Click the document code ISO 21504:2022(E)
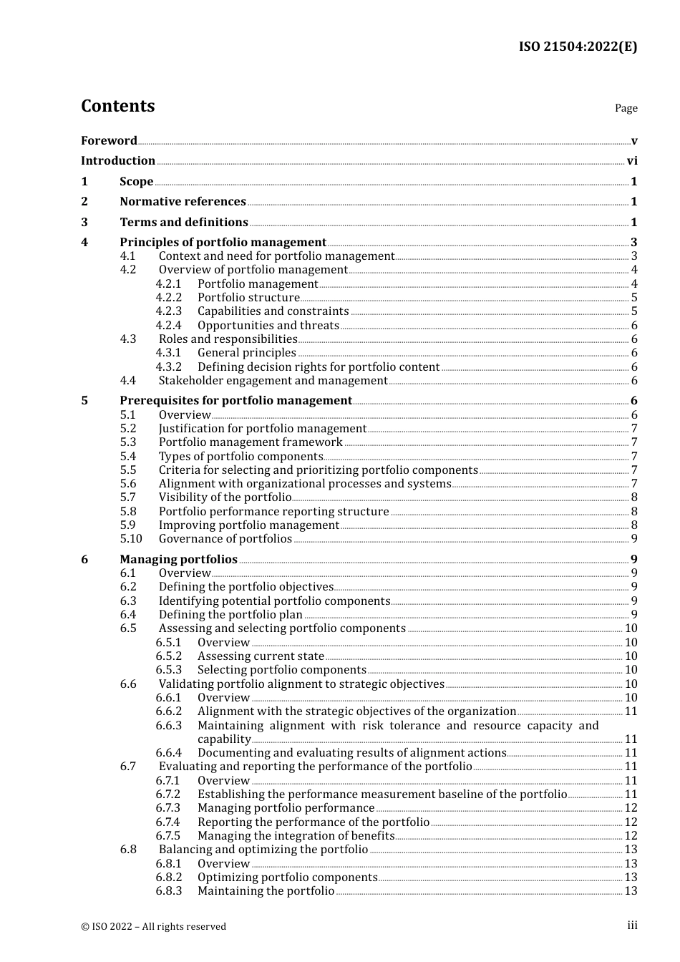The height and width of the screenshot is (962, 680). pos(578,47)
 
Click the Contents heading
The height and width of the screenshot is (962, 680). pos(117,106)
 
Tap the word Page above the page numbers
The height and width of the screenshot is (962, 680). pos(626,108)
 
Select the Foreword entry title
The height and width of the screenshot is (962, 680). pos(109,140)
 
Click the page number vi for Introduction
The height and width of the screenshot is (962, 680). pos(632,161)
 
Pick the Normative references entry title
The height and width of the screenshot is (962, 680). pos(183,202)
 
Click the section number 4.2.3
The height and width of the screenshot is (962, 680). pos(169,311)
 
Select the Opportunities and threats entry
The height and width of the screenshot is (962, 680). pos(268,326)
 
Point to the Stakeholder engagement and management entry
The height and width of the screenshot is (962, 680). pos(273,381)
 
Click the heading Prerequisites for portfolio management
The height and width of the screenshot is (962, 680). pos(235,401)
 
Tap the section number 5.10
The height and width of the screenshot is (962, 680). pos(131,539)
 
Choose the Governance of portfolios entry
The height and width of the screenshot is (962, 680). pos(225,539)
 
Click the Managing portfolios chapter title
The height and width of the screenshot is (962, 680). pos(178,560)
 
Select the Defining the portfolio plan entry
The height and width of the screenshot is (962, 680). pos(230,615)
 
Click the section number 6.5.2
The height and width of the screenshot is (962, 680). pos(169,656)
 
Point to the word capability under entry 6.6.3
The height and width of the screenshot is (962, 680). pos(224,739)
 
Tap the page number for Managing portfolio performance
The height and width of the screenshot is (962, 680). pos(631,808)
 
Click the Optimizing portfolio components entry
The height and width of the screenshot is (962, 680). pos(287,878)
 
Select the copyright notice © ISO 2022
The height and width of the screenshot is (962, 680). pos(153,926)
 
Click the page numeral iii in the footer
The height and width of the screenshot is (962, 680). pos(632,925)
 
